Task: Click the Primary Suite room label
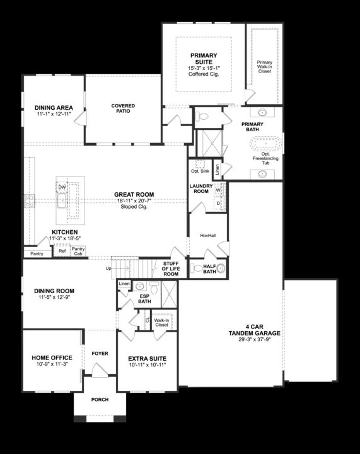click(203, 59)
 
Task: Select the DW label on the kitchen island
click(62, 187)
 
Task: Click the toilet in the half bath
click(221, 269)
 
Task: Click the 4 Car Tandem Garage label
click(255, 330)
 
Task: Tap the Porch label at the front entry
click(100, 399)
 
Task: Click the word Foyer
click(100, 354)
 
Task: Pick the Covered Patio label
click(124, 108)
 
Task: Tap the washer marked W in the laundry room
click(218, 190)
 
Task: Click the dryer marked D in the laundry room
click(218, 203)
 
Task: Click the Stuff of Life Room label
click(171, 269)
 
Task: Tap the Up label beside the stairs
click(108, 268)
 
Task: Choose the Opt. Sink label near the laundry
click(200, 171)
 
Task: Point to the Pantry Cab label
click(78, 252)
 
